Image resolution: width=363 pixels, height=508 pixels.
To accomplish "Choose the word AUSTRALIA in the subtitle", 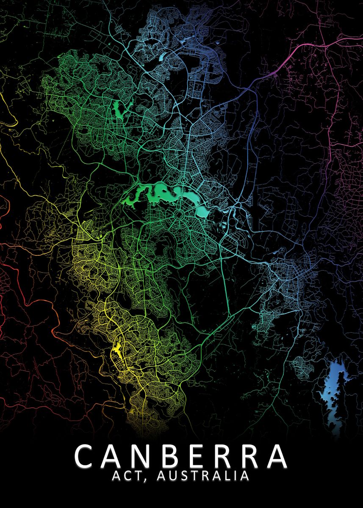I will [x=203, y=476].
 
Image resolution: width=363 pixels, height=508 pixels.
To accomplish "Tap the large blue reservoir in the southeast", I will [x=333, y=389].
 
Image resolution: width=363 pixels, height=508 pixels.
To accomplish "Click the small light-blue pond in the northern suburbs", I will [x=163, y=56].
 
